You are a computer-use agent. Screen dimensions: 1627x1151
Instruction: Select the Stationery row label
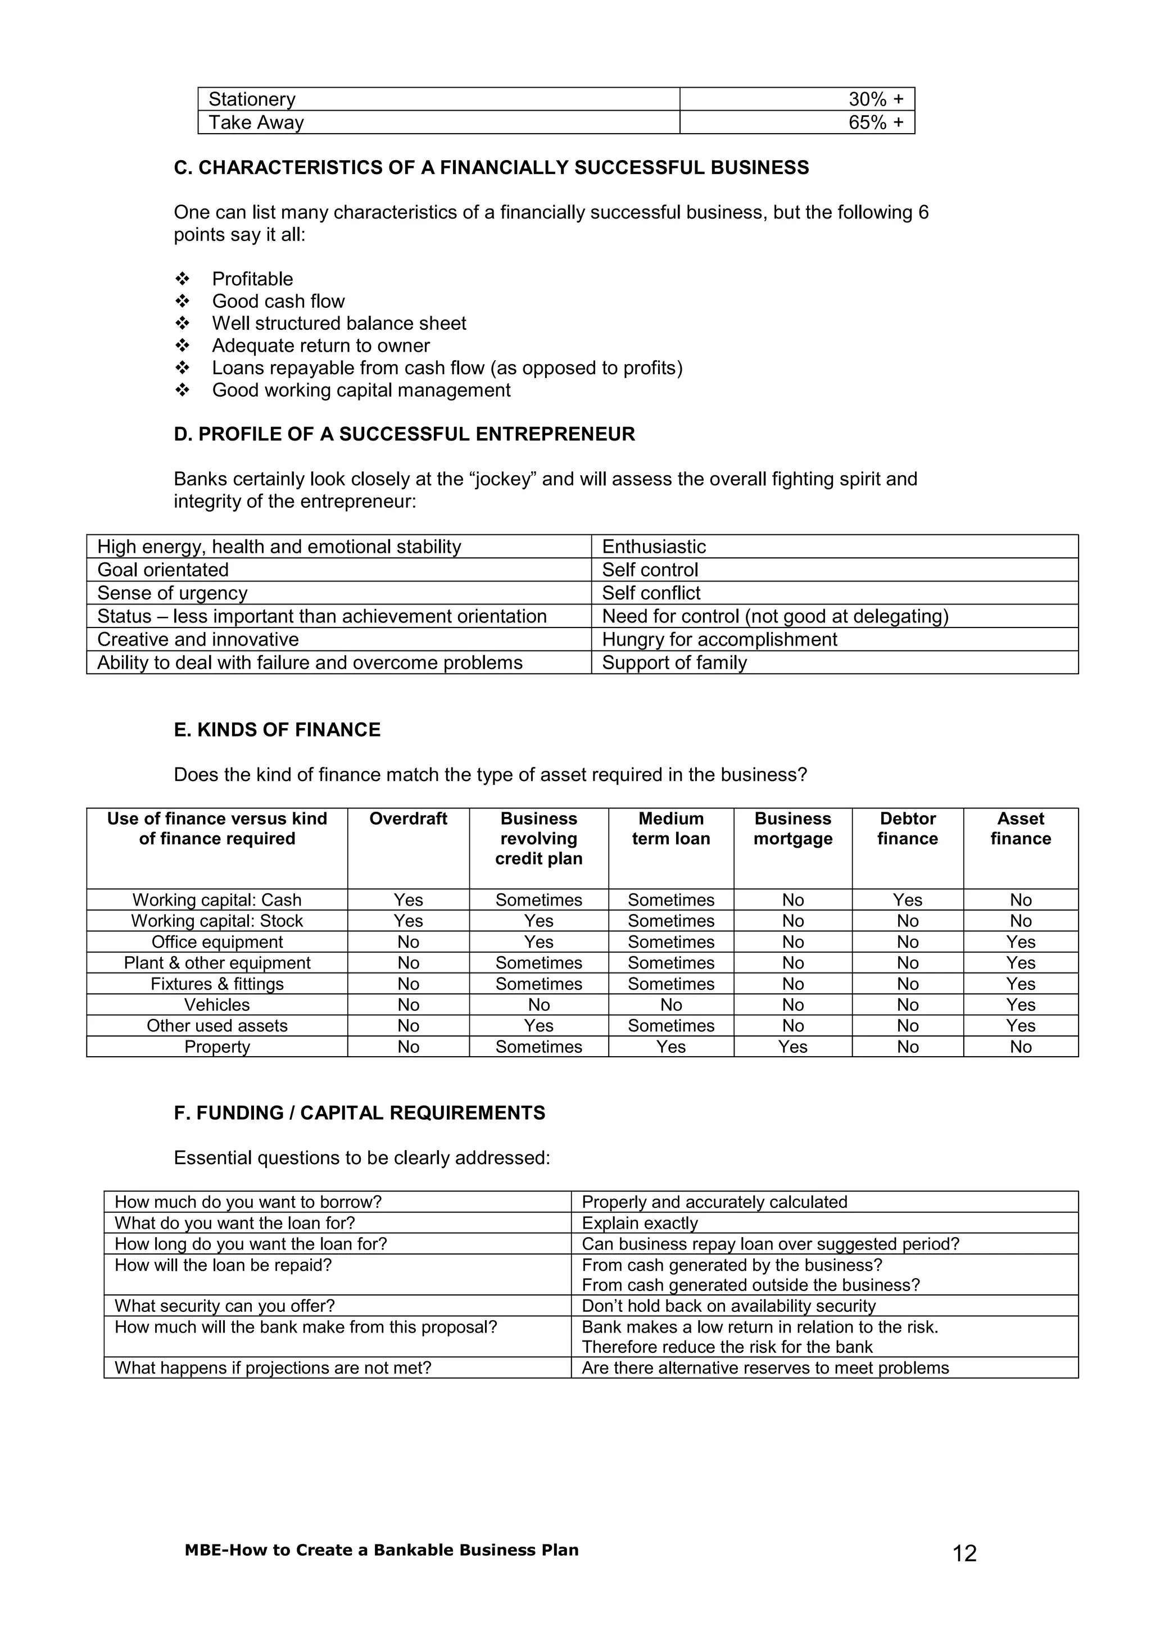point(252,99)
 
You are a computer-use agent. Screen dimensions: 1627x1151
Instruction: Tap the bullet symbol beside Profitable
point(182,279)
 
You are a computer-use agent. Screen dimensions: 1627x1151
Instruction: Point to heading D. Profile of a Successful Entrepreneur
point(404,434)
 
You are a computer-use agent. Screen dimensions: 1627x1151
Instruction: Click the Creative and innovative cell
point(198,639)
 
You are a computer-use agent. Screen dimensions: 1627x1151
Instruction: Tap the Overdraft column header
point(408,819)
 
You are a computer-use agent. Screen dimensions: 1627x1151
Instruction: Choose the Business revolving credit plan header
point(538,838)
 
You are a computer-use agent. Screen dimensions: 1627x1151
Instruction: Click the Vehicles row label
point(217,1005)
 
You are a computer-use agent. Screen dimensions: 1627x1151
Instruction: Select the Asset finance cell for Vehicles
point(1021,1005)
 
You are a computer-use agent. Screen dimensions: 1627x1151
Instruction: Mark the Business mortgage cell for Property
point(792,1047)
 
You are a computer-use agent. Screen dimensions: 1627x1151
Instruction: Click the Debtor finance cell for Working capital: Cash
point(907,900)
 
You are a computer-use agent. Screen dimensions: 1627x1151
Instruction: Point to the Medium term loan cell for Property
point(670,1047)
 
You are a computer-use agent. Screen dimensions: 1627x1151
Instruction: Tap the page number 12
point(964,1553)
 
